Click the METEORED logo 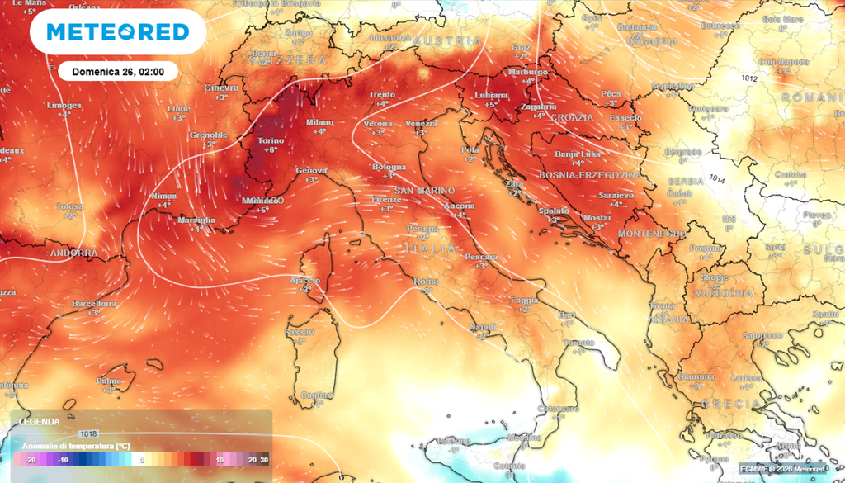click(118, 31)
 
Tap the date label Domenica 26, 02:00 click(118, 72)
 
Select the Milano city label click(319, 121)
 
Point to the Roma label click(426, 282)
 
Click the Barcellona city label click(94, 304)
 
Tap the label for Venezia click(421, 123)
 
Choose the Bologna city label click(389, 167)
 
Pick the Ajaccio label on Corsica click(304, 280)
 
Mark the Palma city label click(109, 381)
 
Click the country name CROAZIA click(572, 117)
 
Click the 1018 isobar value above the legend click(88, 433)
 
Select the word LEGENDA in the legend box click(40, 421)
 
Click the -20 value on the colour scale click(31, 460)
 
